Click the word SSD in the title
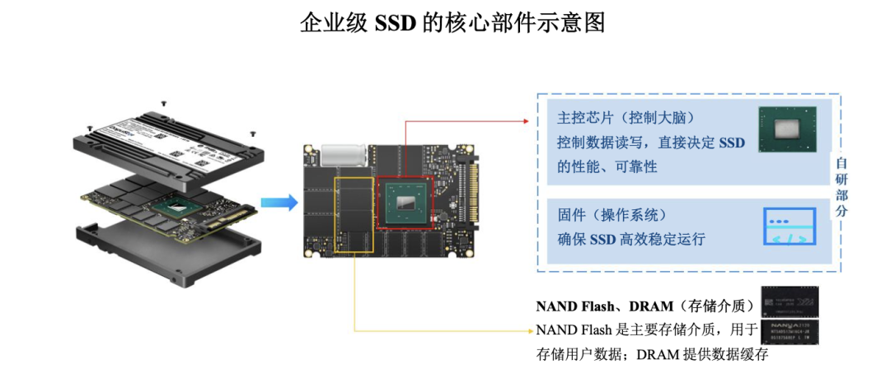(x=394, y=22)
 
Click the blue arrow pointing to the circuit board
(x=278, y=203)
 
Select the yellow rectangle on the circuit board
(x=354, y=213)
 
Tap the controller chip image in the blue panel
(x=787, y=131)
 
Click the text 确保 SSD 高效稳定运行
(x=631, y=240)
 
